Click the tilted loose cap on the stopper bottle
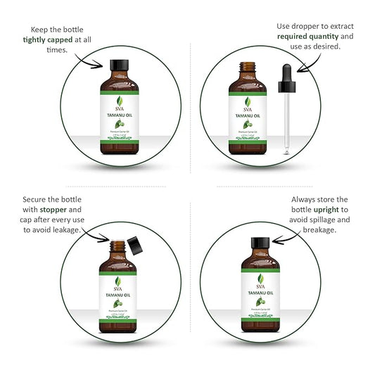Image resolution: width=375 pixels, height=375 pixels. coord(135,247)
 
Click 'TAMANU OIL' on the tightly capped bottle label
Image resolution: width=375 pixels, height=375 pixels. coord(117,117)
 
